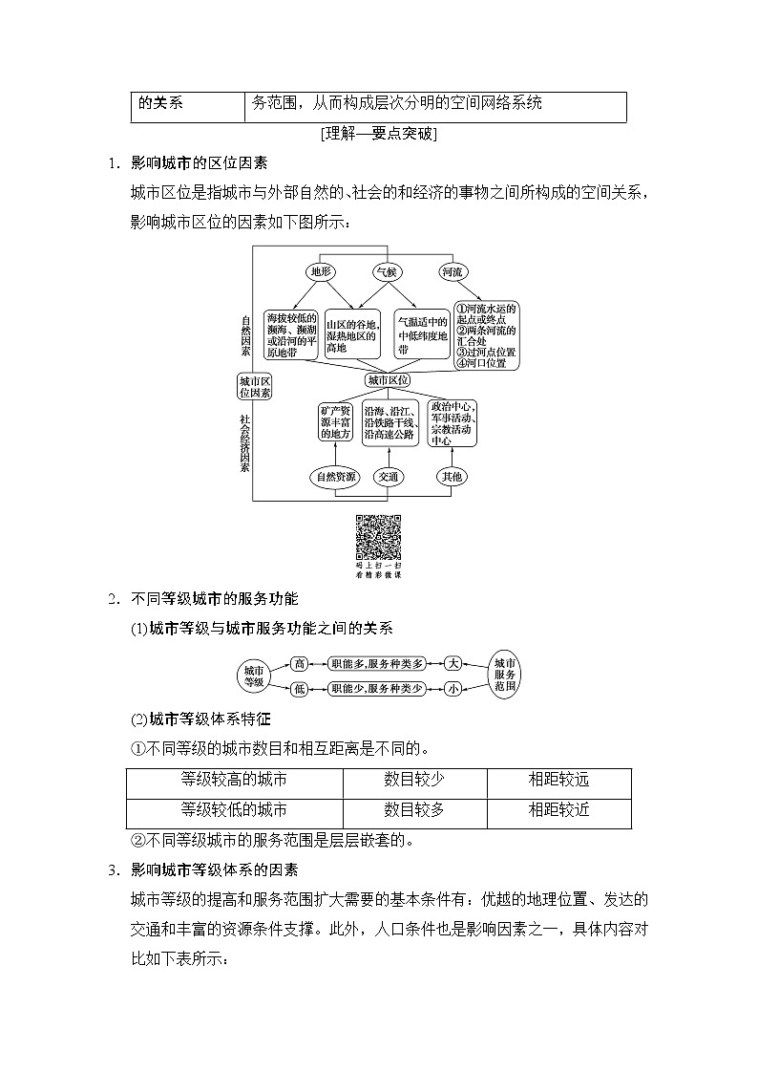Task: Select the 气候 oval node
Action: point(386,271)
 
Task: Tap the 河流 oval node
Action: point(452,271)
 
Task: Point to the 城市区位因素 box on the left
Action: point(255,385)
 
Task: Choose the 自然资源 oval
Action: point(337,476)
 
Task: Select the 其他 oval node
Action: point(452,476)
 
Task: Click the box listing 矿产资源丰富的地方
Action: point(337,421)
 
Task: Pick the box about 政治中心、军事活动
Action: point(453,423)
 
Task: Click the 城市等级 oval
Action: point(254,675)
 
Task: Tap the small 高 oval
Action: point(300,662)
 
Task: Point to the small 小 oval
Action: point(453,688)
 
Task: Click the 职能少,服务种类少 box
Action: point(376,688)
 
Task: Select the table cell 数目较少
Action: point(414,780)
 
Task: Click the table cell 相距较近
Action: point(558,810)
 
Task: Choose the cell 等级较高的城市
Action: point(234,780)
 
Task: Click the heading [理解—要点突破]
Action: point(379,134)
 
